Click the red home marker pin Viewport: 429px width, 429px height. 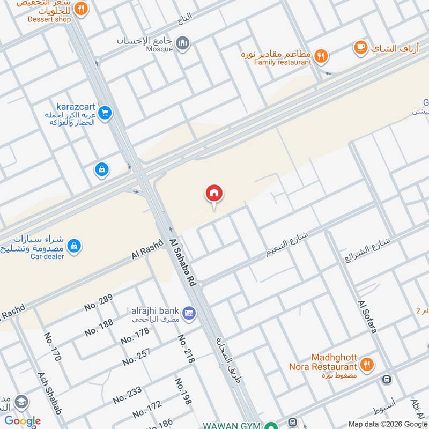214,194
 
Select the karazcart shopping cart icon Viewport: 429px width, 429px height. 106,113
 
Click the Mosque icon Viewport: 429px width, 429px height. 183,42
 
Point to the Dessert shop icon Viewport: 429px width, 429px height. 80,9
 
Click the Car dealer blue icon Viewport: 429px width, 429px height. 75,246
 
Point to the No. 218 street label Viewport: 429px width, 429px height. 186,349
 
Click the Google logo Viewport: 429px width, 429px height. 22,421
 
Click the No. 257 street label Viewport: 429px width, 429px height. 136,357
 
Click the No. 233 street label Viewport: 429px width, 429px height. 127,396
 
